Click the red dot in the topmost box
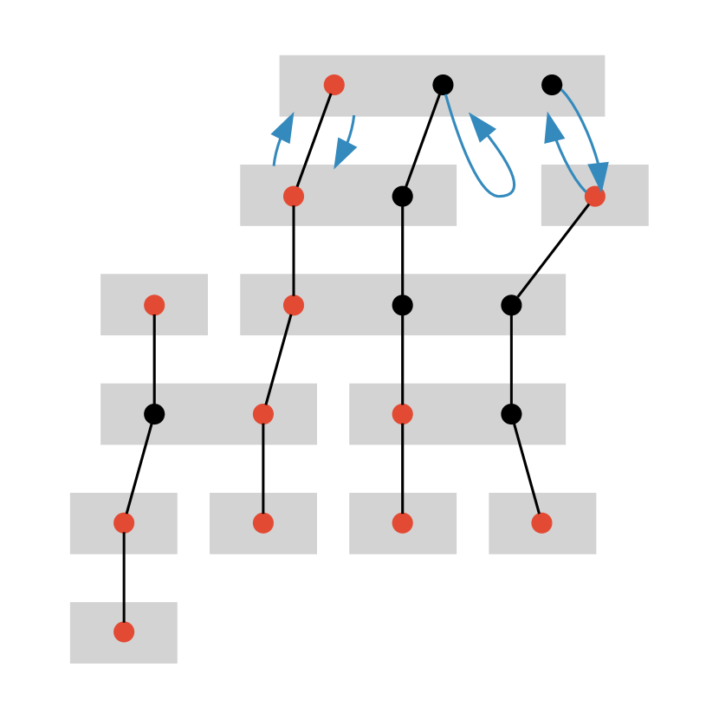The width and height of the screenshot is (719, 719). pyautogui.click(x=334, y=85)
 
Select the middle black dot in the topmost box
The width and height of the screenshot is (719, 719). pyautogui.click(x=443, y=85)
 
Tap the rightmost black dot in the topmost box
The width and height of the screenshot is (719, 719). pyautogui.click(x=552, y=85)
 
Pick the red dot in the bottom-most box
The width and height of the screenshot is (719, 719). pyautogui.click(x=124, y=632)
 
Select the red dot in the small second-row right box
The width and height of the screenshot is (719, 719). pyautogui.click(x=594, y=197)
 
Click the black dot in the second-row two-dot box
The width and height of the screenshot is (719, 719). pyautogui.click(x=403, y=197)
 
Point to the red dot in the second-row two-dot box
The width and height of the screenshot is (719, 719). pyautogui.click(x=294, y=197)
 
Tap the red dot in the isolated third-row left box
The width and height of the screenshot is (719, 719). pyautogui.click(x=154, y=305)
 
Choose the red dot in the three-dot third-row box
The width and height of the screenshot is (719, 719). pyautogui.click(x=294, y=305)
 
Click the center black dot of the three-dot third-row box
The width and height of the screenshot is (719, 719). pyautogui.click(x=403, y=305)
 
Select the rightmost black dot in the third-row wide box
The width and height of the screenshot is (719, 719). pyautogui.click(x=511, y=305)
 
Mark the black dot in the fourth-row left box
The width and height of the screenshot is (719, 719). pyautogui.click(x=154, y=414)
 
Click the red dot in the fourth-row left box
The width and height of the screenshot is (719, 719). pyautogui.click(x=263, y=414)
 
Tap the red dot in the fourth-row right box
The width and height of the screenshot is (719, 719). pyautogui.click(x=403, y=414)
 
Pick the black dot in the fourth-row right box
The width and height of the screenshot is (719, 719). pyautogui.click(x=511, y=414)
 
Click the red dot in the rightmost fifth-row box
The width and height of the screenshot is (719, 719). pyautogui.click(x=541, y=523)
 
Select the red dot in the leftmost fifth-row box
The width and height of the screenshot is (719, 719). pyautogui.click(x=124, y=523)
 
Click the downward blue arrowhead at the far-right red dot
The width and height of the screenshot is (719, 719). pyautogui.click(x=599, y=175)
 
